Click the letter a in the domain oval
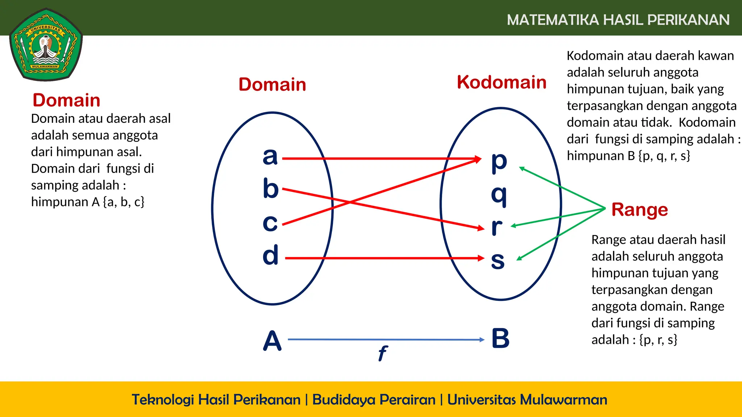(270, 156)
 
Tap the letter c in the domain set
(270, 223)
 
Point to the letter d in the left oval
(271, 254)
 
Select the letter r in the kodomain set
(497, 227)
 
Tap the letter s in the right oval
(498, 260)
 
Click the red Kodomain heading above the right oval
(501, 82)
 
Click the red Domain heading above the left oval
(272, 84)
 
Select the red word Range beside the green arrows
(639, 210)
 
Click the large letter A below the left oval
(272, 341)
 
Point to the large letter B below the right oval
(500, 338)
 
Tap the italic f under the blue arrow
(383, 353)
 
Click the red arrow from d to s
(384, 258)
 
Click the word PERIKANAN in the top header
(688, 20)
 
